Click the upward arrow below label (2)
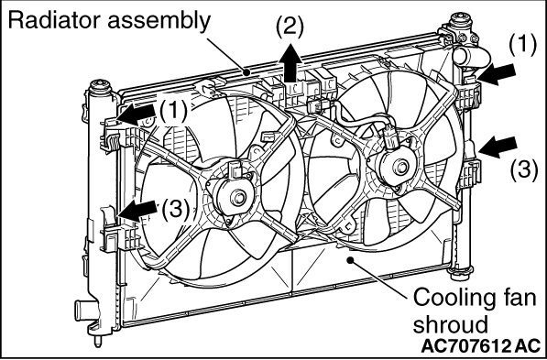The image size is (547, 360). pos(290,64)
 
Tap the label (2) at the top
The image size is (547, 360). pos(290,27)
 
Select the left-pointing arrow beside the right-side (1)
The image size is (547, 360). pos(497,74)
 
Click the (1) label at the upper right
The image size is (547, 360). pos(522,46)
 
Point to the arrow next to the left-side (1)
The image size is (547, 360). pos(136,115)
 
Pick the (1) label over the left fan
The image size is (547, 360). pos(173,112)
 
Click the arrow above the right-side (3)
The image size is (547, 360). pos(498,147)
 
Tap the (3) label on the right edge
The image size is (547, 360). pos(524,170)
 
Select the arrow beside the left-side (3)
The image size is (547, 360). pos(137,211)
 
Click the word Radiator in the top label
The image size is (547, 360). pos(55,20)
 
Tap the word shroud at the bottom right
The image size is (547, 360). pos(450,324)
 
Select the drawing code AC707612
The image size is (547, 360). pos(465,346)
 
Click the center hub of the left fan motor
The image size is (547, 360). pos(238,198)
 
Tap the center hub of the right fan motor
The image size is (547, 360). pos(401,167)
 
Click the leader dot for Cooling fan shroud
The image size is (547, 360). pos(350,259)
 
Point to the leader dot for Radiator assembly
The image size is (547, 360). pos(246,72)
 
